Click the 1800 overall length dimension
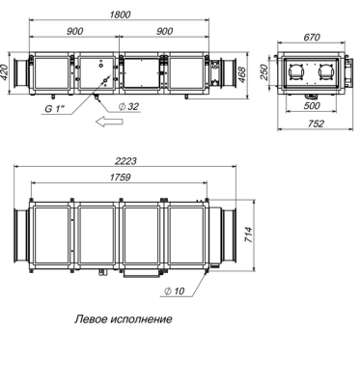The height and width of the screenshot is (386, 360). tap(120, 14)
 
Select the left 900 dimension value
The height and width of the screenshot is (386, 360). tap(75, 31)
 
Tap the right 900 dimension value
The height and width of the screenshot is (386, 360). tap(165, 31)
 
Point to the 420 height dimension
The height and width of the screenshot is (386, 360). tap(5, 73)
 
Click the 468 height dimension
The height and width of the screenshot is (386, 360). tap(241, 74)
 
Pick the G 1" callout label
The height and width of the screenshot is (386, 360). tap(54, 109)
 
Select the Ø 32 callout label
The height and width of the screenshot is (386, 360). tap(128, 106)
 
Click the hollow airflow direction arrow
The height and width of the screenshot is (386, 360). tap(109, 122)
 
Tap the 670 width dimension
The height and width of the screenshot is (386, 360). tap(312, 37)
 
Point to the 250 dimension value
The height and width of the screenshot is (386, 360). tap(263, 72)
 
